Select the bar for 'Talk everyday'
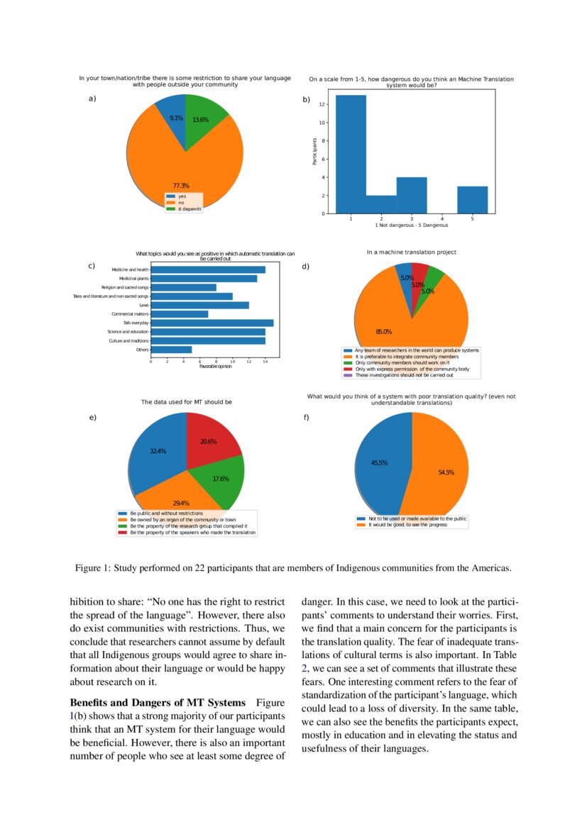tap(212, 323)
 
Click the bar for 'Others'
tap(171, 350)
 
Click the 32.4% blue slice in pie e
tap(156, 454)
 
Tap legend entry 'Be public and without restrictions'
tap(165, 513)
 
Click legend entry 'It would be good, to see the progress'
tap(407, 525)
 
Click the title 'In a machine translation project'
tap(411, 252)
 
